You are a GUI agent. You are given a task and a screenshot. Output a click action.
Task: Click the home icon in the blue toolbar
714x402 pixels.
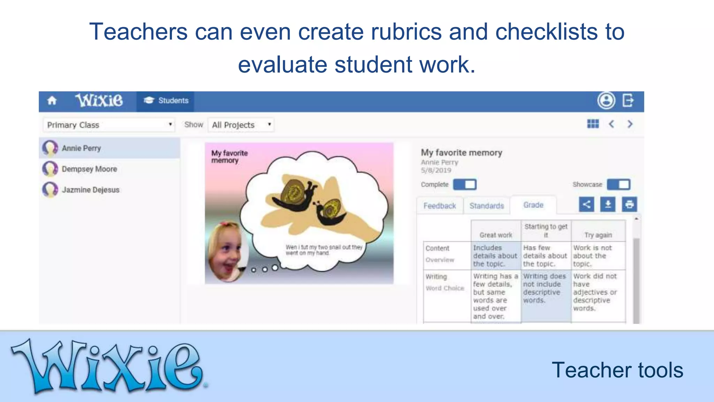click(x=52, y=101)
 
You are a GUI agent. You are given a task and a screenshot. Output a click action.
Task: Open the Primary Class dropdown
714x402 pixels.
click(x=109, y=125)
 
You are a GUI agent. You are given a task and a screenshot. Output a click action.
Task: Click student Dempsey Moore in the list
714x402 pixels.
click(x=89, y=169)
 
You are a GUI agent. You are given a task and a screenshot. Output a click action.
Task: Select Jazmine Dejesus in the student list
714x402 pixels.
click(x=90, y=190)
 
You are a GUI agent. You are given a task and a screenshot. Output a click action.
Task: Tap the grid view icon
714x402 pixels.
click(x=593, y=124)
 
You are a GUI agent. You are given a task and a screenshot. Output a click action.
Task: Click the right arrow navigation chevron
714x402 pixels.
click(x=630, y=124)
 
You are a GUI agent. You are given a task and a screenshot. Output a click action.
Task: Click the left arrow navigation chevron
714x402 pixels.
click(x=612, y=124)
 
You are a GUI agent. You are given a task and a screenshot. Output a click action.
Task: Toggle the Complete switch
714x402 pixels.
click(x=465, y=184)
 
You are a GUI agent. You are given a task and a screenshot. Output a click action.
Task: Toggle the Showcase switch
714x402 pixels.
click(x=618, y=184)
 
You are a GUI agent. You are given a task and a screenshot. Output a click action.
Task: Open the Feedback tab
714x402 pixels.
click(x=440, y=206)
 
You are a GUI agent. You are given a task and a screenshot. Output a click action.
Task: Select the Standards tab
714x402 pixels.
click(x=486, y=206)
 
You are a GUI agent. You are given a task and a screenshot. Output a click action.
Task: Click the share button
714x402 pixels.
click(x=586, y=204)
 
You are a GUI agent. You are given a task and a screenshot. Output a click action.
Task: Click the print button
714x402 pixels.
click(x=629, y=204)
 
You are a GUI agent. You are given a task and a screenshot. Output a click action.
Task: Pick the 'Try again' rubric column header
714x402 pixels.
click(x=598, y=235)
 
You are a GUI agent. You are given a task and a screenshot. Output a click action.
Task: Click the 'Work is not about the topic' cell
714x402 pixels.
click(x=593, y=256)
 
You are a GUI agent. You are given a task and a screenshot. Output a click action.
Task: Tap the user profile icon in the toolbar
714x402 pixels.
click(x=606, y=101)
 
